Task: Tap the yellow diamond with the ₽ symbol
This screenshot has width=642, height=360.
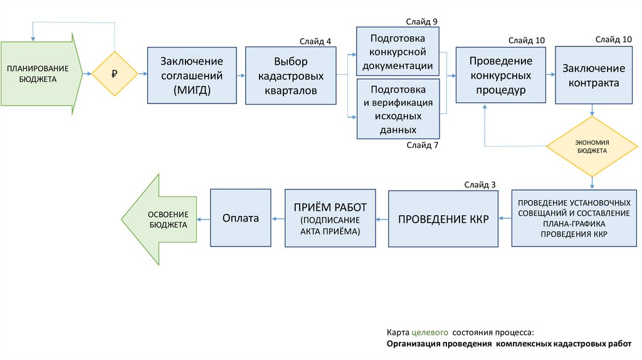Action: pos(115,74)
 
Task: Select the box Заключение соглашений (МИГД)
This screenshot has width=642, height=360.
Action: pos(192,75)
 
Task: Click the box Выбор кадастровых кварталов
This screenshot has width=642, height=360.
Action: pos(290,75)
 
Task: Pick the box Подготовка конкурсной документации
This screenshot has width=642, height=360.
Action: pos(397,50)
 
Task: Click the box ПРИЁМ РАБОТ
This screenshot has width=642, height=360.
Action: pos(330,217)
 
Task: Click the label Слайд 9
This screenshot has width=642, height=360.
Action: pos(421,21)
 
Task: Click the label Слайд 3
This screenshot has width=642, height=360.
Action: pos(480,184)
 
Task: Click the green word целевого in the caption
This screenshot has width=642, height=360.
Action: pos(429,332)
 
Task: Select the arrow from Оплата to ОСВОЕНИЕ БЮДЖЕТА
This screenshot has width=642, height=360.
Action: pos(203,219)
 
